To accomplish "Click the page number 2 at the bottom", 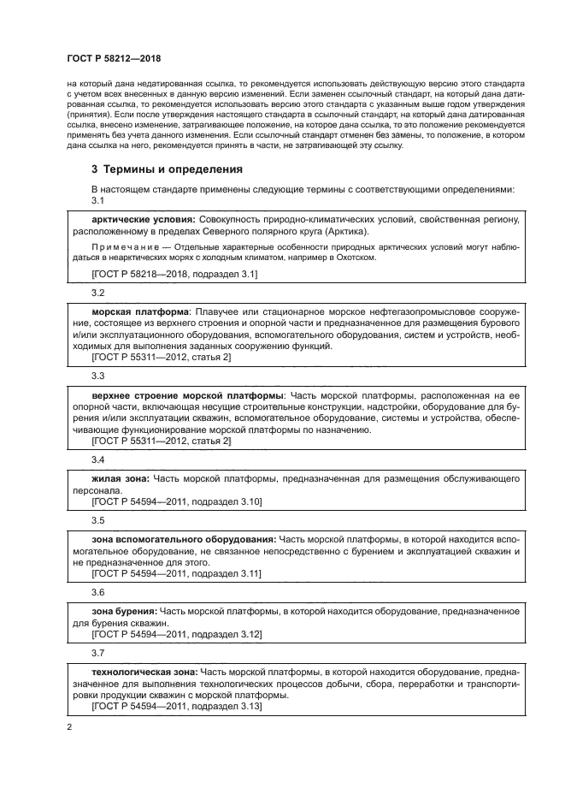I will pyautogui.click(x=69, y=726).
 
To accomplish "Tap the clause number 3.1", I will pyautogui.click(x=97, y=200).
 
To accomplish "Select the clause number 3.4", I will pyautogui.click(x=97, y=459).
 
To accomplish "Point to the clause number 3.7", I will pyautogui.click(x=97, y=653).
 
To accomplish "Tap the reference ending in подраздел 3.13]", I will pyautogui.click(x=176, y=707).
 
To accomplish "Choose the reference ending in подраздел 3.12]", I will pyautogui.click(x=176, y=635).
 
